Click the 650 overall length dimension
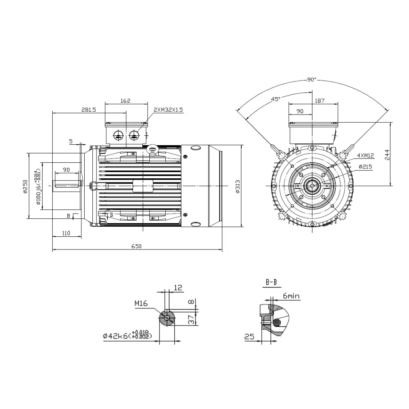136,246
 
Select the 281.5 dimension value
88,110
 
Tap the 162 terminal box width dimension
126,101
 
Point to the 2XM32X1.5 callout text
168,110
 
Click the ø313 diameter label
237,186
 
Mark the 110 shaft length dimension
66,233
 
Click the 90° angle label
312,80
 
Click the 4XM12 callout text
365,156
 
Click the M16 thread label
141,303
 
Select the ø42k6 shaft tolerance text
128,336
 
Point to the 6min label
291,295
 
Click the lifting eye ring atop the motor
153,149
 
